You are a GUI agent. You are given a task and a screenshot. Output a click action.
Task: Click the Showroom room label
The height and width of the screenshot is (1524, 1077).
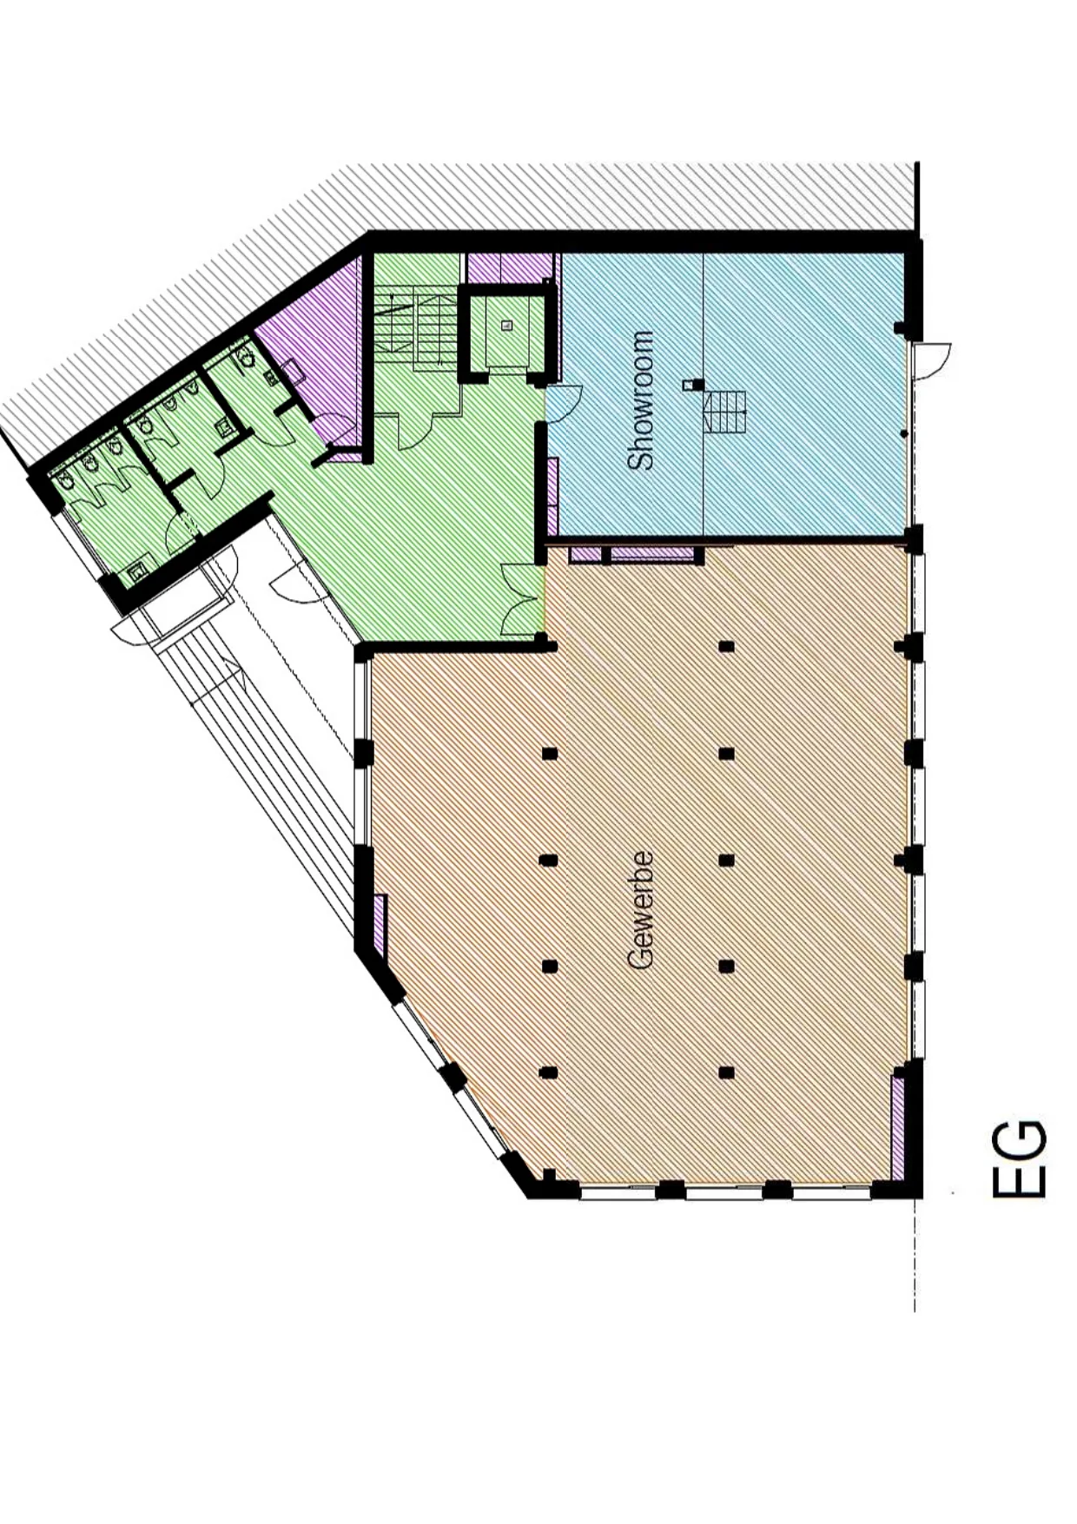642,400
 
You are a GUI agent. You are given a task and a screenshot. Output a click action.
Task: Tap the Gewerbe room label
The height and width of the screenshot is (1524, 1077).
640,910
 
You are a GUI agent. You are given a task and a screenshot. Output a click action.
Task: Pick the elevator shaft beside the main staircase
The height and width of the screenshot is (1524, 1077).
506,331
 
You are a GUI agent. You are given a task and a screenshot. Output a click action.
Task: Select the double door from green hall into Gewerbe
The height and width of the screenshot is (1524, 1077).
523,598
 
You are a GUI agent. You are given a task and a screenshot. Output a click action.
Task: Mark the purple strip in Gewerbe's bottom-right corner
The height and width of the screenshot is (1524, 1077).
899,1122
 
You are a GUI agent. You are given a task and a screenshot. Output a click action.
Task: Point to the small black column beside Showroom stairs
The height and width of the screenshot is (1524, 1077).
690,384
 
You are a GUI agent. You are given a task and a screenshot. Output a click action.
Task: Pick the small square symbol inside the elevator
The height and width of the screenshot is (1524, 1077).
507,326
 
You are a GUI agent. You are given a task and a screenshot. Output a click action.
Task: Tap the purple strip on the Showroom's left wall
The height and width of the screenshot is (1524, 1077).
552,497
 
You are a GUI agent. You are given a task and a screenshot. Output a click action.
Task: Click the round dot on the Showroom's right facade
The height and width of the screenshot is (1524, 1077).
904,432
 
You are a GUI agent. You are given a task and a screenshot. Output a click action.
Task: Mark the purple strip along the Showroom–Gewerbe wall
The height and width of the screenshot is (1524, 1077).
634,554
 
